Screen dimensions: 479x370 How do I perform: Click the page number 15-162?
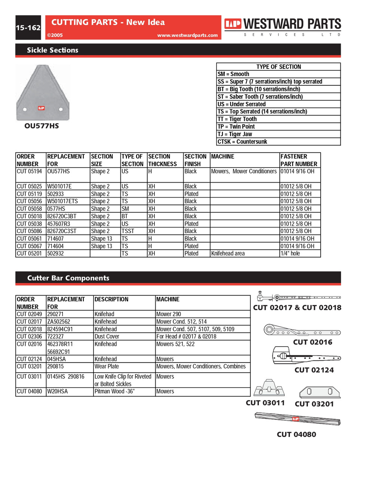tap(28, 28)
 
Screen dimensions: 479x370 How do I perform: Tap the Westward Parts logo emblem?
tap(233, 24)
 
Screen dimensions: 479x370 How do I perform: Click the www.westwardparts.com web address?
tap(187, 35)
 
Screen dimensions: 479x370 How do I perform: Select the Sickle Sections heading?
tap(52, 50)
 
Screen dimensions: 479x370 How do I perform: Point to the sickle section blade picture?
tap(42, 92)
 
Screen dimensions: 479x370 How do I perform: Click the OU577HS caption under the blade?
tap(42, 126)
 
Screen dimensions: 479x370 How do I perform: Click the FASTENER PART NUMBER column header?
tap(299, 160)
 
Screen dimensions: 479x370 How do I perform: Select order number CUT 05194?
tap(29, 171)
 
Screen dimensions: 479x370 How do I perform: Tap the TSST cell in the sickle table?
tap(128, 231)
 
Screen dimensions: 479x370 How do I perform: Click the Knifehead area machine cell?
tap(228, 253)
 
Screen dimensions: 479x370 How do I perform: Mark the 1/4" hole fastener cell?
tap(290, 253)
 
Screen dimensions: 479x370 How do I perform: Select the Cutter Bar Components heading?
tap(68, 278)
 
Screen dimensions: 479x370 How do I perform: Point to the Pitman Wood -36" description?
tap(114, 391)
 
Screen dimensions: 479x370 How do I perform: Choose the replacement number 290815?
tap(55, 366)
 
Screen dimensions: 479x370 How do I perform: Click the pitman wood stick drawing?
tap(297, 419)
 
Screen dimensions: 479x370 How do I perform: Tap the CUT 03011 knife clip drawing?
tap(269, 388)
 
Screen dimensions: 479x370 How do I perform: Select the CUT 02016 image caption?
tap(312, 342)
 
